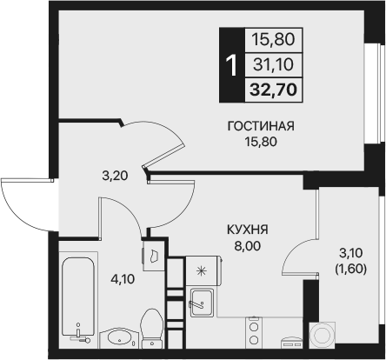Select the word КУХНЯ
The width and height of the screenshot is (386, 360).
pos(248,230)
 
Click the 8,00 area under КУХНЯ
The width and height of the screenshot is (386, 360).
pos(248,245)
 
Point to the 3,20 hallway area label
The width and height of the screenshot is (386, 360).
pos(113,175)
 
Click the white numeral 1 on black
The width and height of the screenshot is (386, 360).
pos(230,63)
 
